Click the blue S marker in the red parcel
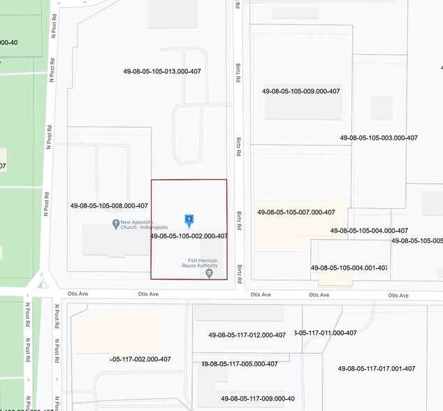click(x=189, y=220)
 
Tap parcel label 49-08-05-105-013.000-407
click(x=162, y=71)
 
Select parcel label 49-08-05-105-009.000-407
click(x=301, y=92)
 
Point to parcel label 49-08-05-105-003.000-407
click(x=379, y=138)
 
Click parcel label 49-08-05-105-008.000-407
click(x=109, y=206)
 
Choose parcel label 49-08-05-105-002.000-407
click(x=189, y=236)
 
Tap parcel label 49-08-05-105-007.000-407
click(x=296, y=212)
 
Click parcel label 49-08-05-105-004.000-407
click(x=369, y=231)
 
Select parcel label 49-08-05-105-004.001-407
click(x=349, y=268)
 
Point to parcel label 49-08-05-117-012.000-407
click(x=247, y=336)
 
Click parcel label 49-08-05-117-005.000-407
click(x=240, y=364)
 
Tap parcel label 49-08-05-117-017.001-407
click(x=377, y=369)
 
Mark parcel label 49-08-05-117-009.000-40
click(x=258, y=399)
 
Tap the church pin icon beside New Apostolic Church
click(x=115, y=224)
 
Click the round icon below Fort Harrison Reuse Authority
click(x=209, y=273)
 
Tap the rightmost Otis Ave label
click(x=398, y=296)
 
